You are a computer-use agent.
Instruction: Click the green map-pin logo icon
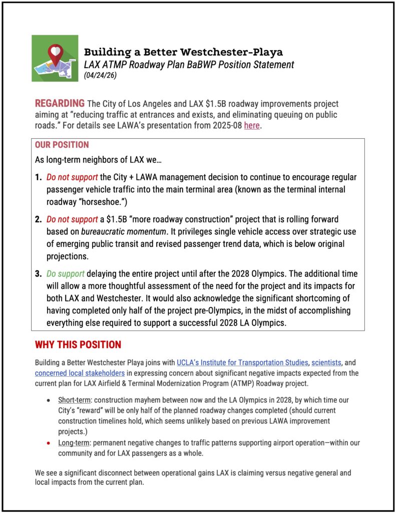coord(55,58)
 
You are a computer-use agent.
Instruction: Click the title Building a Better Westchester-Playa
coord(183,52)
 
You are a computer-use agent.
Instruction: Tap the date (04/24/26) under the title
coord(101,75)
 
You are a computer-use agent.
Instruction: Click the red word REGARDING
coord(60,104)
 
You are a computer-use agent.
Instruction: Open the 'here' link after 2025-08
coord(252,125)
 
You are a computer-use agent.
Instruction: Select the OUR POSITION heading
coord(62,145)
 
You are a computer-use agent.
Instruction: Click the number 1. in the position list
coord(39,178)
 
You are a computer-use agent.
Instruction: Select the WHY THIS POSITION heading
coord(78,345)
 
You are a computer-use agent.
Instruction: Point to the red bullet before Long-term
coord(47,443)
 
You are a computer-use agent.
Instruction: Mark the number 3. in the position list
coord(39,274)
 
